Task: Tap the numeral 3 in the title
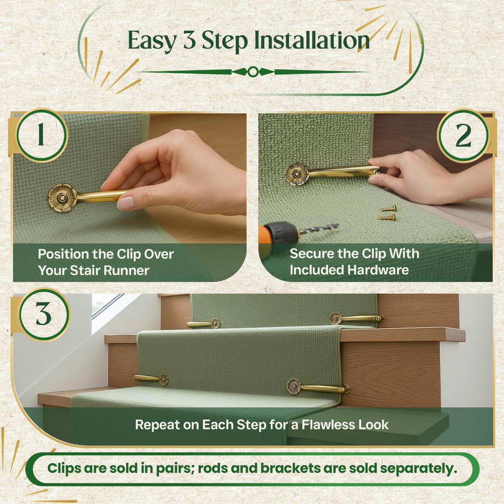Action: tap(189, 41)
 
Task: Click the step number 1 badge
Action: tap(41, 135)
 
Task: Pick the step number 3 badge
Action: tap(44, 315)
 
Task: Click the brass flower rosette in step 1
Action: tap(62, 197)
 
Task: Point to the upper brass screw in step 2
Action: tap(388, 209)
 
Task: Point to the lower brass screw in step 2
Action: tap(386, 217)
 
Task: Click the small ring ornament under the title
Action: tap(253, 72)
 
